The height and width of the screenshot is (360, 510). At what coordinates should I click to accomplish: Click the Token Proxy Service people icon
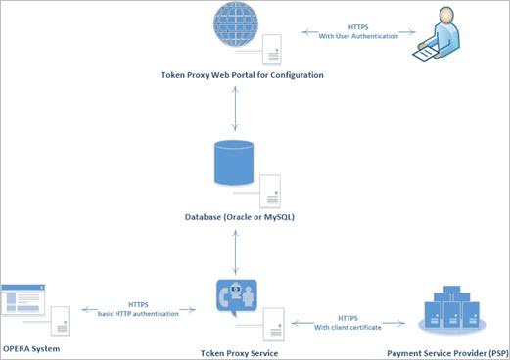click(x=234, y=300)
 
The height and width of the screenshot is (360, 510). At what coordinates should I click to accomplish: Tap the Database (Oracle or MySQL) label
click(x=242, y=217)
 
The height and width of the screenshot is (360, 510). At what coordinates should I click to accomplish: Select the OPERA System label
click(x=31, y=349)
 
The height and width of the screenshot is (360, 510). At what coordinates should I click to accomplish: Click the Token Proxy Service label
click(x=240, y=353)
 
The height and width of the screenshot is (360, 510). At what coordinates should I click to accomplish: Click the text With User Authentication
click(x=359, y=37)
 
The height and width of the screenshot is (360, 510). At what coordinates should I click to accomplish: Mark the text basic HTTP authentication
click(x=139, y=312)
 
